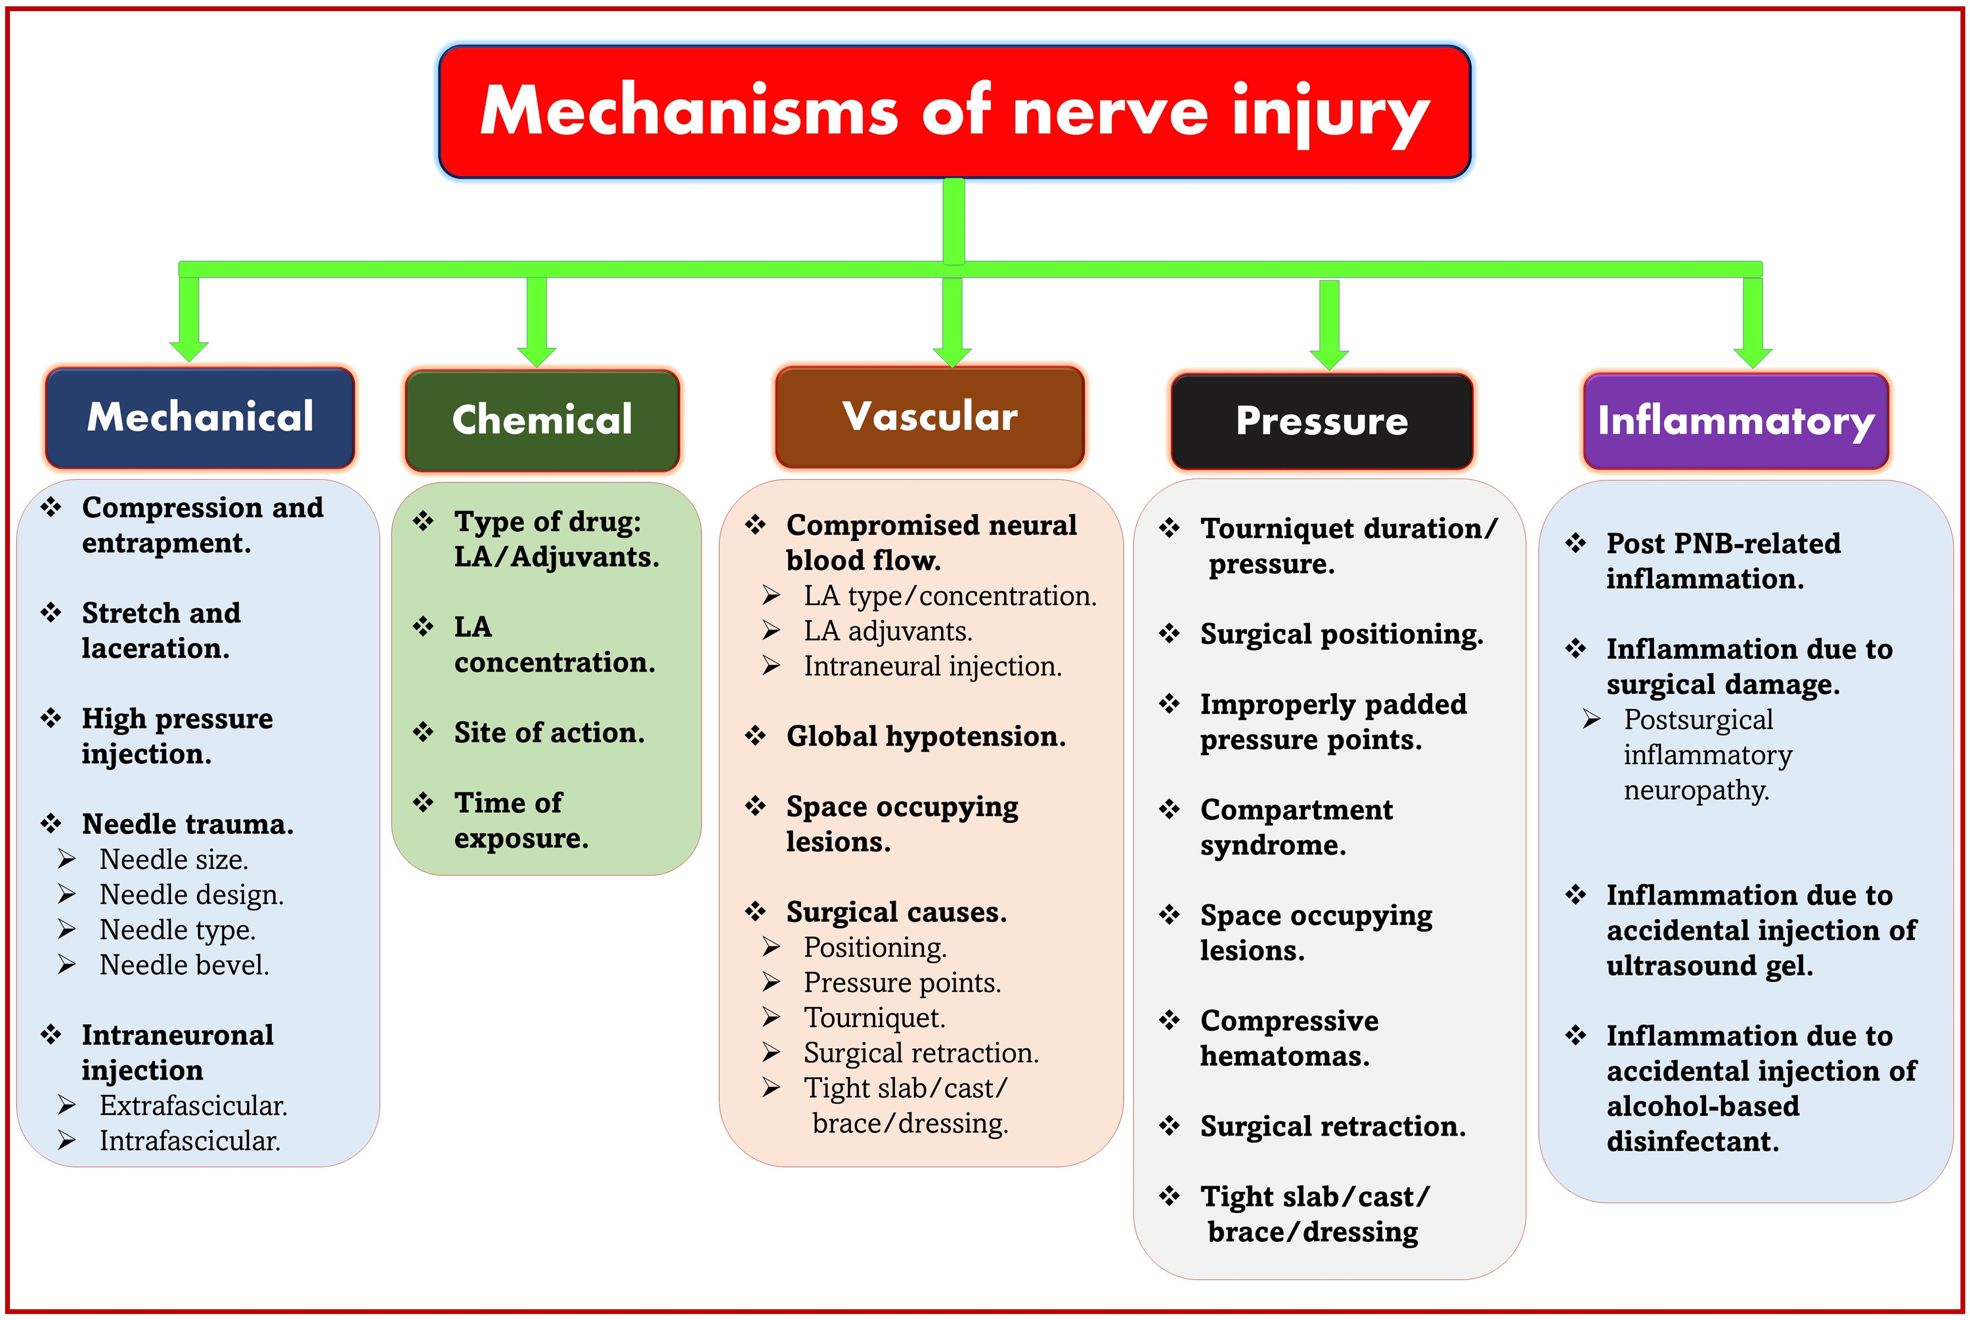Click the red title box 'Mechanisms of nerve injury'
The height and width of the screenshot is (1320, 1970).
(954, 112)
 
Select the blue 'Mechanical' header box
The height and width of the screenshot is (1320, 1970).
(200, 417)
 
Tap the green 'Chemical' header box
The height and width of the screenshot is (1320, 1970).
(542, 420)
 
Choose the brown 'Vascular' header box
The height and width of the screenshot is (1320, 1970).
(929, 417)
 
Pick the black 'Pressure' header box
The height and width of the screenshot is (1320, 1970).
(1321, 421)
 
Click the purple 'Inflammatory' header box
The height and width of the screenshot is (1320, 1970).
(1735, 421)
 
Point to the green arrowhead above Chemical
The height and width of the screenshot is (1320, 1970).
(536, 355)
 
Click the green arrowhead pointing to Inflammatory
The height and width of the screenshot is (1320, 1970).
(1753, 357)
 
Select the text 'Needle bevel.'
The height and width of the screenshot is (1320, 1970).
(184, 965)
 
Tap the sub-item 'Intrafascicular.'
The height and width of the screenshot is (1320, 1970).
(190, 1141)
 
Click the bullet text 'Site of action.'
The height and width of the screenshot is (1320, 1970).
(549, 733)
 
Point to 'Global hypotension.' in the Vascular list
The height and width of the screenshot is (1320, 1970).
(926, 736)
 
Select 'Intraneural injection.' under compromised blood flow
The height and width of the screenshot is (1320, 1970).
(932, 666)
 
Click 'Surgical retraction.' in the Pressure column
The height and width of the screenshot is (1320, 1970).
(1332, 1126)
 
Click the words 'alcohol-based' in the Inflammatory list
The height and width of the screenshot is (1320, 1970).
(1702, 1105)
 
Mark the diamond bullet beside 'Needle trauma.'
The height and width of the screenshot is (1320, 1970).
(51, 823)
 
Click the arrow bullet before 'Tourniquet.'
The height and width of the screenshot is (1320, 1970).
(771, 1018)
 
